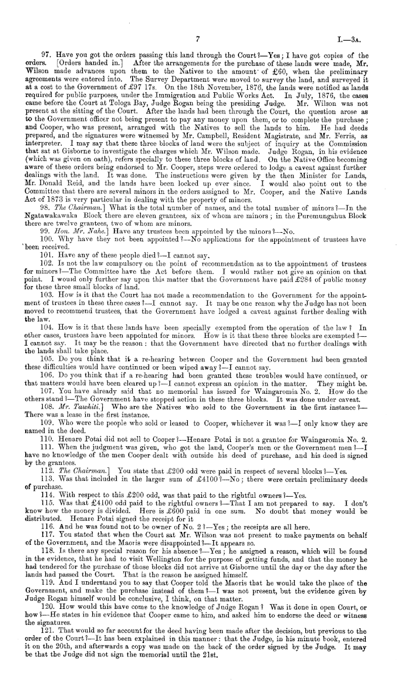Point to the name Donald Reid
(66, 192)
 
